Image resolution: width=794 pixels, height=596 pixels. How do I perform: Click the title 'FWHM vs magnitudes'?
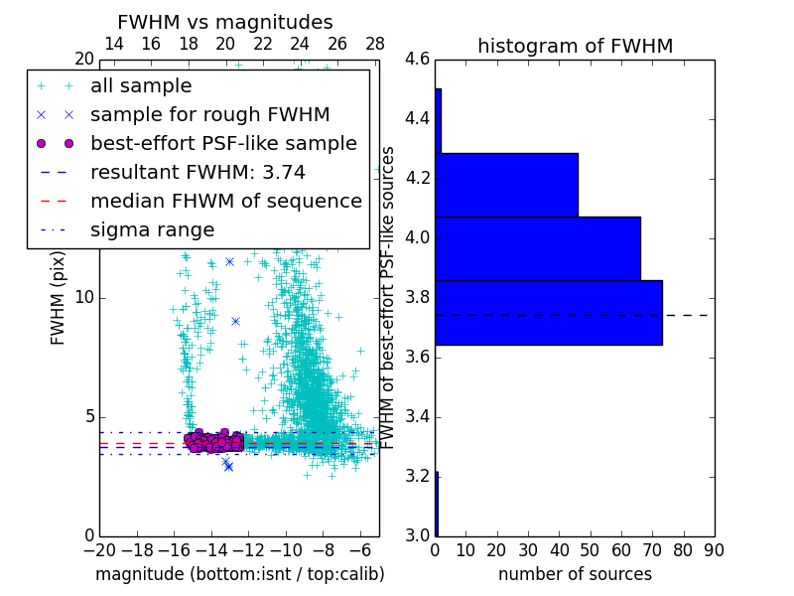point(225,23)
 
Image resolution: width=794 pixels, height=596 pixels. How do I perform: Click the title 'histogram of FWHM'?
point(575,46)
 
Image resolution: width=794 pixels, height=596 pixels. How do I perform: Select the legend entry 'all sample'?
point(141,86)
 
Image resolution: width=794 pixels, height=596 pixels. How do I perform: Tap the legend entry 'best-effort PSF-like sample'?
point(223,143)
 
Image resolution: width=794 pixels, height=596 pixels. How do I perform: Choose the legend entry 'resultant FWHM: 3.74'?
point(198,172)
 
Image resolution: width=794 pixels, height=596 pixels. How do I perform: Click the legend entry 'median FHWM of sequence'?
point(225,201)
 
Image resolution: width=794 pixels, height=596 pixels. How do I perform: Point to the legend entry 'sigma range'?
point(152,229)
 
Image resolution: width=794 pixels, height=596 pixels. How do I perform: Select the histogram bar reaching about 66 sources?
point(537,248)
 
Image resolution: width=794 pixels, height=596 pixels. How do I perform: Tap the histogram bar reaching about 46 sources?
point(506,185)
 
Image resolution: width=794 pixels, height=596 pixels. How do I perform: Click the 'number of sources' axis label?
point(575,574)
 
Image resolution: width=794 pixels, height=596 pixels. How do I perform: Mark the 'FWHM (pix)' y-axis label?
point(59,297)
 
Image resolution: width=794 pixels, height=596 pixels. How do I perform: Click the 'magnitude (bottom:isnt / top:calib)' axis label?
point(239,574)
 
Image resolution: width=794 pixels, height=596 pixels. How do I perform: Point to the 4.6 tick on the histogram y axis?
point(417,60)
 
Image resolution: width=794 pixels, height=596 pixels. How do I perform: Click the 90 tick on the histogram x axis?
point(713,549)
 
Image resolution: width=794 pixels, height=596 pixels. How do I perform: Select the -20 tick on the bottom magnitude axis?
point(99,549)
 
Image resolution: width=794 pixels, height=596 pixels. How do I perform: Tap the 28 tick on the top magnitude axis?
point(375,44)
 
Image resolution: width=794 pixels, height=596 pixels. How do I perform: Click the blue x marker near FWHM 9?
point(235,321)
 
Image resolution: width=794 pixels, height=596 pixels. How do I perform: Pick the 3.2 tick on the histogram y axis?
point(417,476)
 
